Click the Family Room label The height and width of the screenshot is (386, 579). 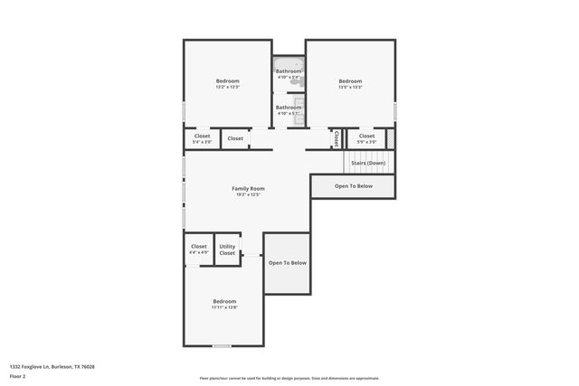pyautogui.click(x=248, y=188)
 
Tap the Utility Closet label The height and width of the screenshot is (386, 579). pyautogui.click(x=227, y=249)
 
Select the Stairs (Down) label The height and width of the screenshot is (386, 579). pyautogui.click(x=368, y=163)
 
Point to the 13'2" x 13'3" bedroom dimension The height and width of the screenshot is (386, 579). pyautogui.click(x=227, y=88)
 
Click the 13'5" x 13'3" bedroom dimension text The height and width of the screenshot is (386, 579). pyautogui.click(x=350, y=88)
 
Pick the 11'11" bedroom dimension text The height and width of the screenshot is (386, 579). pyautogui.click(x=224, y=308)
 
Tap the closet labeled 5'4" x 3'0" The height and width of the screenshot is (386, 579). pyautogui.click(x=202, y=139)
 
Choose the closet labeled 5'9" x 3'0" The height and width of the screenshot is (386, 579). pyautogui.click(x=366, y=139)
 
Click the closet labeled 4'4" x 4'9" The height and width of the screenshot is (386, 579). pyautogui.click(x=199, y=249)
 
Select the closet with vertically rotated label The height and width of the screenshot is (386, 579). pyautogui.click(x=336, y=138)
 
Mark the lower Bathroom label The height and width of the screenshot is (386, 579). pyautogui.click(x=289, y=108)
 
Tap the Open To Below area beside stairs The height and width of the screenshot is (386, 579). pyautogui.click(x=353, y=186)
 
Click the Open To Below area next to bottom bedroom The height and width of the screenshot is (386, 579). pyautogui.click(x=287, y=263)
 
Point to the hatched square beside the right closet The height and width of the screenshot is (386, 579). pyautogui.click(x=391, y=138)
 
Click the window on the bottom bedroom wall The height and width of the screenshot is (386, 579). pyautogui.click(x=222, y=345)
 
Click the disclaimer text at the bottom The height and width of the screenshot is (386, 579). pyautogui.click(x=289, y=379)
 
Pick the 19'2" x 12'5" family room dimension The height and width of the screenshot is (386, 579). pyautogui.click(x=248, y=195)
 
